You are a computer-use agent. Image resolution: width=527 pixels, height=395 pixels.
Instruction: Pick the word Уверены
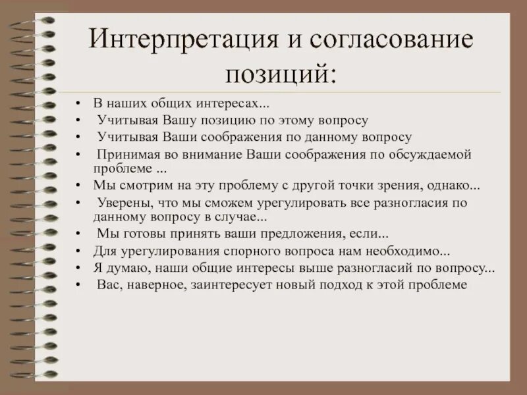[x=120, y=202]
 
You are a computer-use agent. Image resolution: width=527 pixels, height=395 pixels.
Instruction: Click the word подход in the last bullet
[x=343, y=285]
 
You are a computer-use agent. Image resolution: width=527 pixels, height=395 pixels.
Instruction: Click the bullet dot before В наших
[x=78, y=105]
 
